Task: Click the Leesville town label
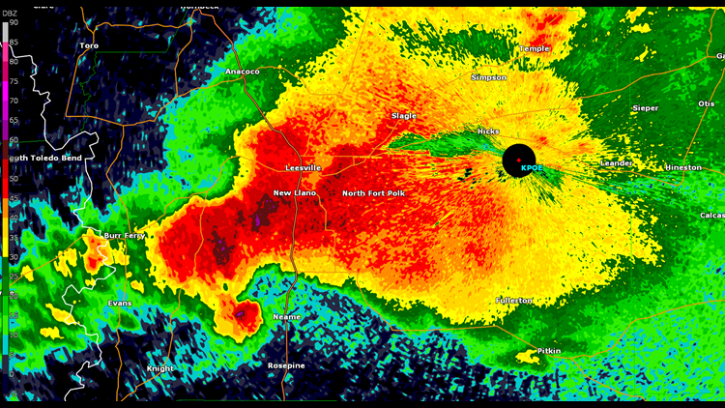tap(303, 168)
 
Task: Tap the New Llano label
tap(294, 193)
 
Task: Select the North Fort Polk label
tap(373, 193)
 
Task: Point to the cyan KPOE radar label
tap(532, 168)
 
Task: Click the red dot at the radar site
tap(519, 159)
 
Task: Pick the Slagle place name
tap(403, 116)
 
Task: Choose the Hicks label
tap(488, 131)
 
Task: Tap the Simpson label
tap(488, 77)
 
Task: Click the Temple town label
tap(535, 48)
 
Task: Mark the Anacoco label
tap(242, 72)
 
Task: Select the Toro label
tap(89, 45)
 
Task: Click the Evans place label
tap(120, 304)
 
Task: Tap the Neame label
tap(286, 317)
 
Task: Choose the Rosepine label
tap(286, 365)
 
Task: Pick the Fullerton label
tap(514, 301)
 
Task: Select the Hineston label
tap(683, 167)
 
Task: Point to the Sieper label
tap(645, 108)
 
